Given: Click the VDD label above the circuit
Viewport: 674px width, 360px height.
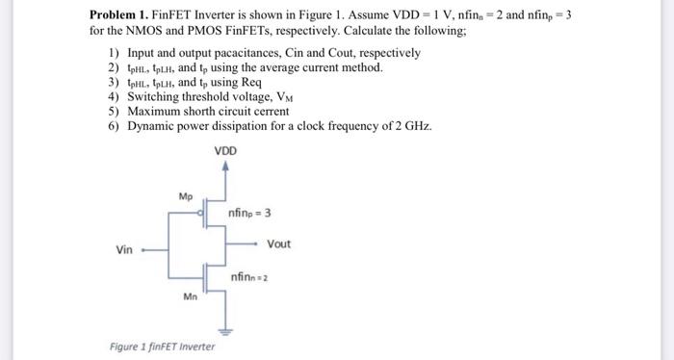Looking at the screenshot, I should pos(226,151).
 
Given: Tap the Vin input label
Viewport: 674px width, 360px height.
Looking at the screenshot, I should pos(124,249).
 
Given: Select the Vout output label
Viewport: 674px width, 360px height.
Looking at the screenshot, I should pos(278,244).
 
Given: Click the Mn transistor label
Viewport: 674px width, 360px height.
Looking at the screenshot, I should pos(190,296).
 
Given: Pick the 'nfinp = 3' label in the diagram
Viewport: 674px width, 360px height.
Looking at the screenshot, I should pos(251,213).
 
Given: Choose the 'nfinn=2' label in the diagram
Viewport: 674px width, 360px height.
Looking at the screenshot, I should pos(248,276).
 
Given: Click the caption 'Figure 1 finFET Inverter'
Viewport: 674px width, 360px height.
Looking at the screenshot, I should pos(162,346).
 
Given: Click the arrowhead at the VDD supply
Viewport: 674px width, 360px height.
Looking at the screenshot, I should pos(226,167).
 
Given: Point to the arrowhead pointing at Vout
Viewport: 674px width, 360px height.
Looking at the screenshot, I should pos(257,244).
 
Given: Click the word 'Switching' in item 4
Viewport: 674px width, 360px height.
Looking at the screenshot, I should pos(153,97).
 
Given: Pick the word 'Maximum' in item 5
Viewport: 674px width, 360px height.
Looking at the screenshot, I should pos(154,112).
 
